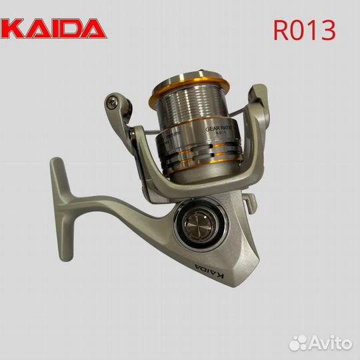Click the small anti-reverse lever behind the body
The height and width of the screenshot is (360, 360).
251,198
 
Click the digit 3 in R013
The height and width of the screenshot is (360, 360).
327,30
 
